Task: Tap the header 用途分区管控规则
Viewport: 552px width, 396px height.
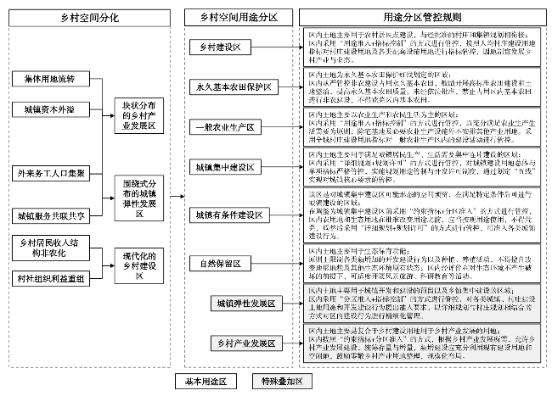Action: coord(422,15)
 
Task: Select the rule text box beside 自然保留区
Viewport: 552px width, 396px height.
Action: coord(422,264)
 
